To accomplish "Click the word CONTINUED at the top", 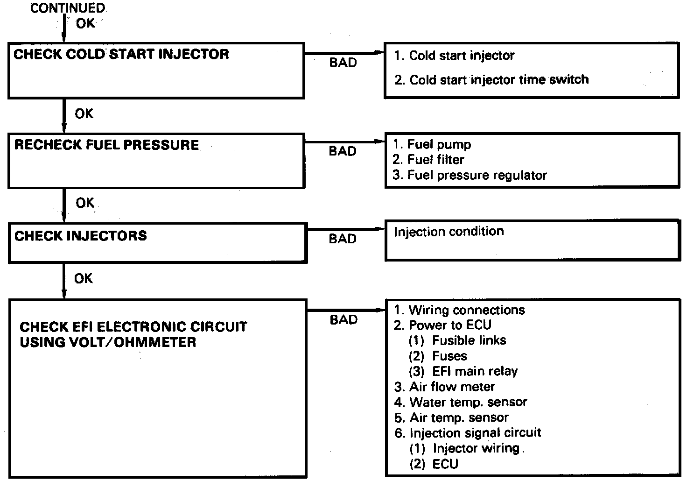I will point(68,8).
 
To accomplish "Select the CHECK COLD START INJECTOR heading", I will point(121,54).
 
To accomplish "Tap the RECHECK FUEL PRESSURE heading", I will point(106,145).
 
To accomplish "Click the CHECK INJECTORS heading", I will point(81,235).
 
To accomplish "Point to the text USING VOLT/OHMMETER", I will point(108,342).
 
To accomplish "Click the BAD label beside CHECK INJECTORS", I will point(343,239).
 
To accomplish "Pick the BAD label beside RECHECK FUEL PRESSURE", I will point(343,151).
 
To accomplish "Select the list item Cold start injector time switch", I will point(491,80).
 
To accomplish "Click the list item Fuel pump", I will point(432,144).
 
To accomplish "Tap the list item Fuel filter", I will point(428,160).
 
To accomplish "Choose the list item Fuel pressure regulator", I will point(470,175).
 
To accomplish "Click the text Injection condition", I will point(449,231).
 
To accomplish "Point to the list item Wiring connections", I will point(459,310).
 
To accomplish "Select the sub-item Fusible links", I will point(457,340).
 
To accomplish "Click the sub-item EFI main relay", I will point(463,371).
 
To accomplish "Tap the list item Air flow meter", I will point(444,387).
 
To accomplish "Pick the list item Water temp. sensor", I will point(461,402).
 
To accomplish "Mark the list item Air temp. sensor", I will point(451,417).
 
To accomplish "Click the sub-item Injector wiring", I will point(465,448).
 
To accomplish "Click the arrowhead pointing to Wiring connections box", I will point(381,310).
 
